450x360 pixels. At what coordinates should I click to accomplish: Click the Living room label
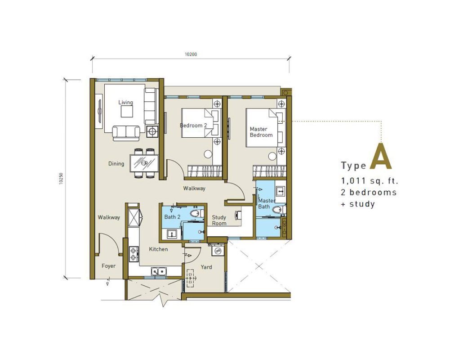(x=126, y=102)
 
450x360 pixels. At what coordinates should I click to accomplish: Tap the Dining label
(x=116, y=164)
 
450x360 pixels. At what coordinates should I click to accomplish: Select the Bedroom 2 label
(x=193, y=126)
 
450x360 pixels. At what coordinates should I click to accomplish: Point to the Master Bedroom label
(x=261, y=132)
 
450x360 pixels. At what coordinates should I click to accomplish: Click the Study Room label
(x=219, y=220)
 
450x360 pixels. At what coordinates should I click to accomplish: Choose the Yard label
(x=206, y=267)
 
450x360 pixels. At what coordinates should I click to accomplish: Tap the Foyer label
(x=109, y=266)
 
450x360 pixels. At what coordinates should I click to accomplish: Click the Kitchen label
(x=158, y=249)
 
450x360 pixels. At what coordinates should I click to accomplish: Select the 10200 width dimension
(x=191, y=54)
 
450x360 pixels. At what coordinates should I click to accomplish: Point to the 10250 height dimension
(x=61, y=178)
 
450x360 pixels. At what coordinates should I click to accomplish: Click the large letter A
(x=381, y=156)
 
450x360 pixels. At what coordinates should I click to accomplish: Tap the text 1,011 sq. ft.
(x=370, y=181)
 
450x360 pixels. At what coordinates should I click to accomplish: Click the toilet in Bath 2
(x=196, y=213)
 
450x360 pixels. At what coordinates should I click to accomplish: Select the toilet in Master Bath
(x=279, y=210)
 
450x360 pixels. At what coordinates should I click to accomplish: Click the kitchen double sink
(x=158, y=271)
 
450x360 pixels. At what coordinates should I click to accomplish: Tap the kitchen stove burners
(x=134, y=254)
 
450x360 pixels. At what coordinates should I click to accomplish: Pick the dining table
(x=144, y=163)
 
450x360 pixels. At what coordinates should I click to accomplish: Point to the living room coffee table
(x=127, y=112)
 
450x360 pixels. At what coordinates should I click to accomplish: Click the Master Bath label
(x=267, y=204)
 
